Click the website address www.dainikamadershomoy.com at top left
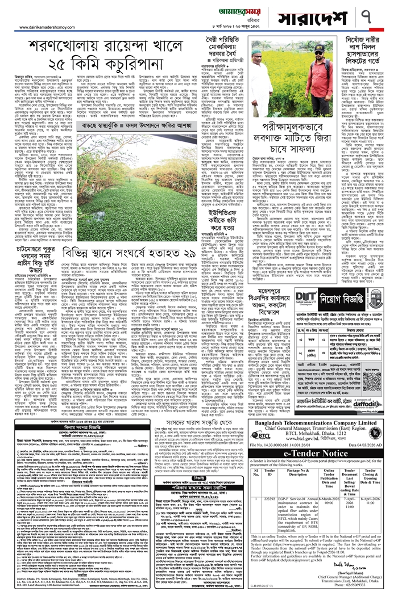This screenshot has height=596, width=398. click(46, 26)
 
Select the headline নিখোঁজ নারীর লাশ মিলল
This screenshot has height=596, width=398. click(362, 53)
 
